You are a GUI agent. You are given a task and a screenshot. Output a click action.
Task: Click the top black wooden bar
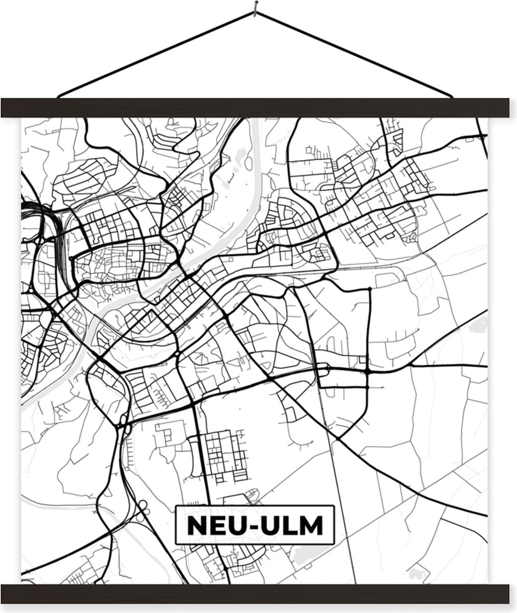pyautogui.click(x=258, y=108)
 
